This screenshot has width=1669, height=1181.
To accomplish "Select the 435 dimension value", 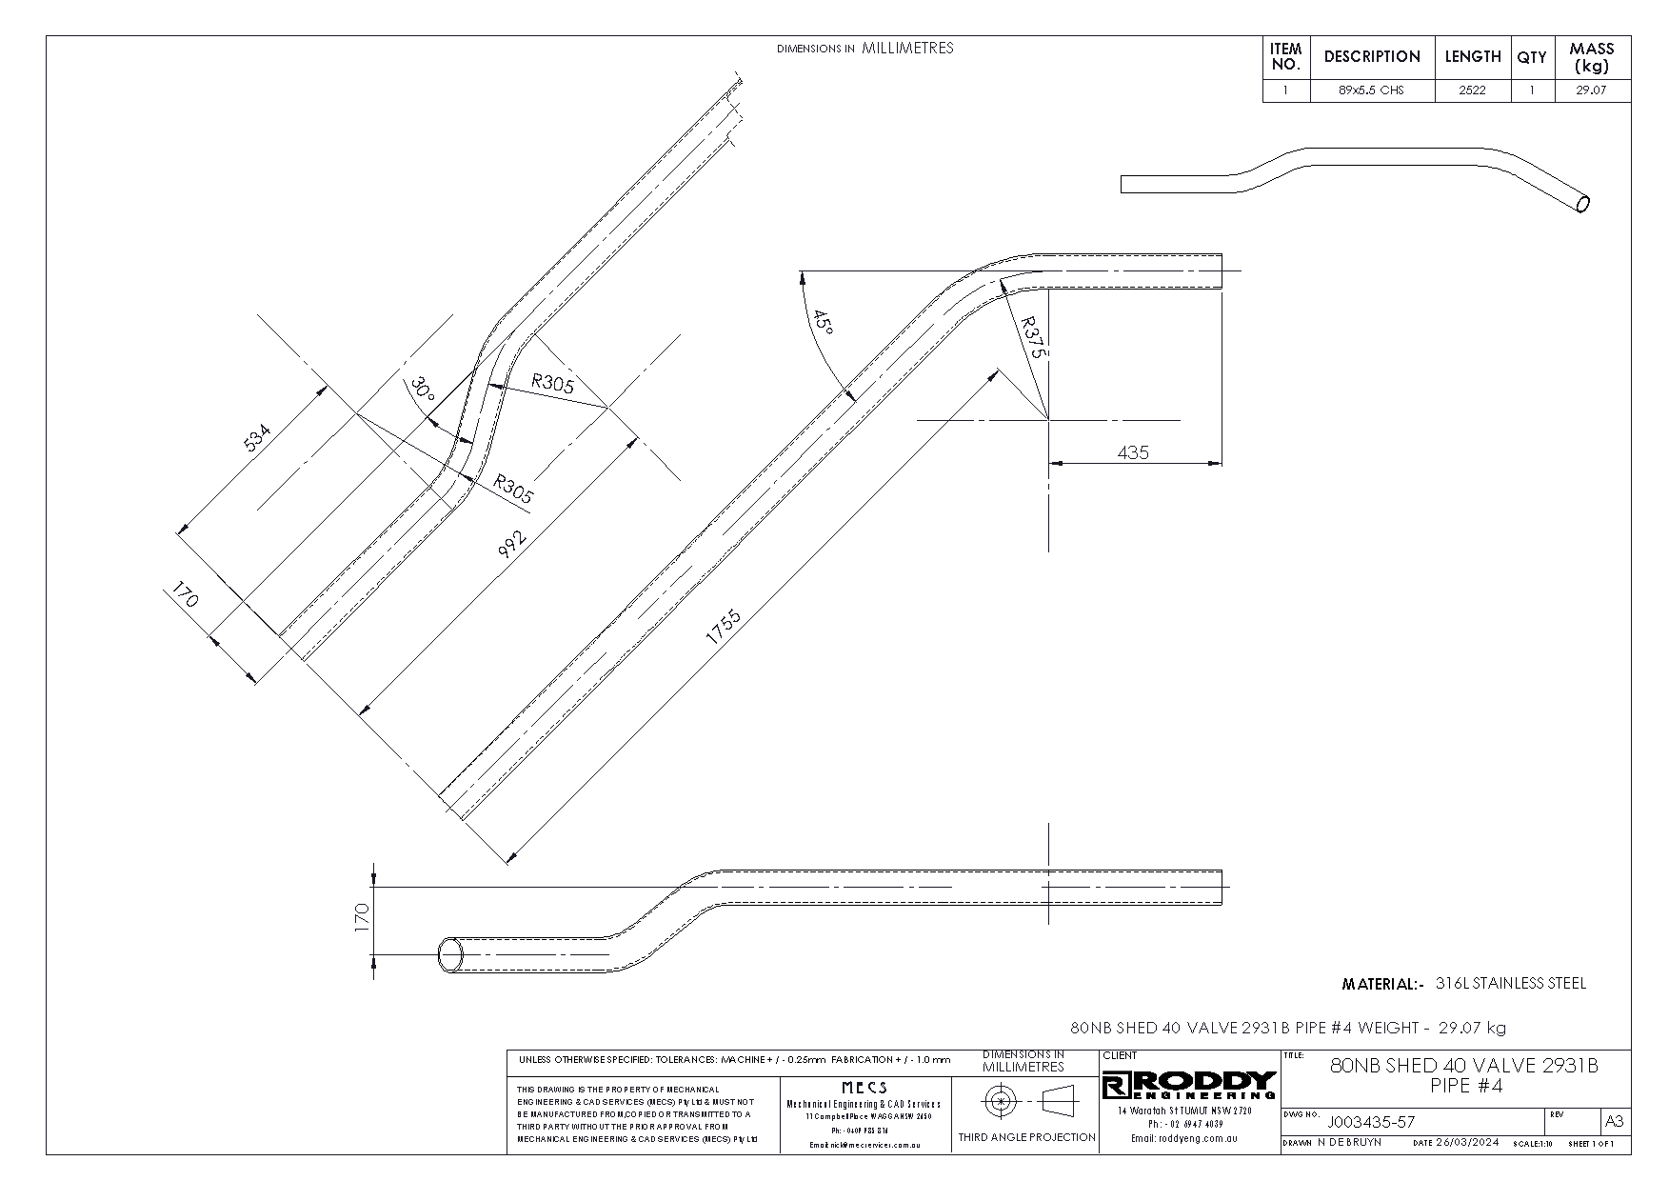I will [x=1133, y=452].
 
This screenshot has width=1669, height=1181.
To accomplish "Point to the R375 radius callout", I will [x=1033, y=337].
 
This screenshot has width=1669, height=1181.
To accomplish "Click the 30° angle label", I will [x=422, y=390].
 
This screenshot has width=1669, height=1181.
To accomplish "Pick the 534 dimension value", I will [x=258, y=438].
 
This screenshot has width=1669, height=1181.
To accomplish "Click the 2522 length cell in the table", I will [x=1472, y=91].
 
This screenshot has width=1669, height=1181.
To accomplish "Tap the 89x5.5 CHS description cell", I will [x=1371, y=91].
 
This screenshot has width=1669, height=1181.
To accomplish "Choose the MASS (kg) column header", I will [x=1592, y=57].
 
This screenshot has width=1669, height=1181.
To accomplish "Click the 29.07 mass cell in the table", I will [x=1592, y=91].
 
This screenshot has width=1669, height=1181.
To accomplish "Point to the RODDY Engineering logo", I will [x=1189, y=1084].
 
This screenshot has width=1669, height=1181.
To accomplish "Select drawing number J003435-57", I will [x=1371, y=1122].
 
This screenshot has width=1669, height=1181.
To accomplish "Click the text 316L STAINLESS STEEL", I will [x=1510, y=984].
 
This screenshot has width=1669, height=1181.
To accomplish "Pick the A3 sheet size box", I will [x=1615, y=1121].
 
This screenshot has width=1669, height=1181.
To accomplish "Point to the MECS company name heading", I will [x=864, y=1088].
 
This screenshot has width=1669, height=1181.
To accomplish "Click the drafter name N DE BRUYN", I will [x=1350, y=1142].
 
